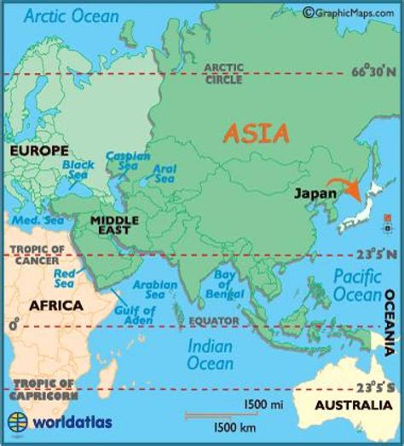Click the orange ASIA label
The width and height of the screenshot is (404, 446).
click(x=257, y=134)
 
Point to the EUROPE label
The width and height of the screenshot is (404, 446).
click(x=38, y=151)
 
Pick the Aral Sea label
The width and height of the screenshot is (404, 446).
click(x=164, y=173)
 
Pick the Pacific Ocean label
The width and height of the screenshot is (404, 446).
click(x=357, y=285)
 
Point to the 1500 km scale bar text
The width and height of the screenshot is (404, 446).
click(x=234, y=425)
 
